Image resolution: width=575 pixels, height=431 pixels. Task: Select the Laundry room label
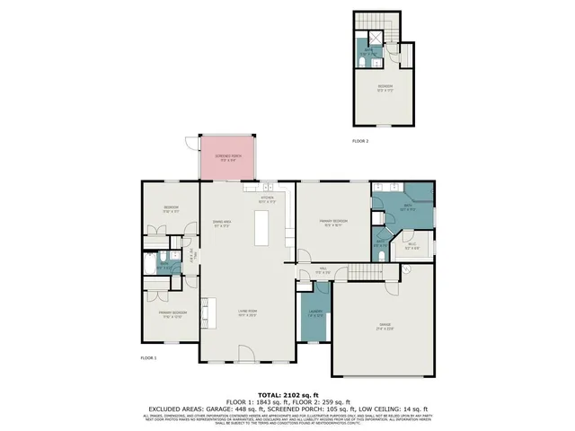(314, 314)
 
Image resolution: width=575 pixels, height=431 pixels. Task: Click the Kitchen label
(267, 199)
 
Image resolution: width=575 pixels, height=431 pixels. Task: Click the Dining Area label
(222, 224)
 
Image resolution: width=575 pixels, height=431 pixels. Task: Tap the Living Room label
(248, 313)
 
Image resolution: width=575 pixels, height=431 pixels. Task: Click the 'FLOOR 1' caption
(148, 357)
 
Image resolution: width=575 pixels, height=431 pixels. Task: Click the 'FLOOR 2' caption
(360, 141)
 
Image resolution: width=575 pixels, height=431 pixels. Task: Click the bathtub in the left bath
(149, 266)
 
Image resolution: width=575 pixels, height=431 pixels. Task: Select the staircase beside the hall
(365, 271)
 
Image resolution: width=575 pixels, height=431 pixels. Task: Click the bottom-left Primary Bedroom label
(172, 315)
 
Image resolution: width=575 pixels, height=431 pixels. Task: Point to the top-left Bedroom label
(171, 209)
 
